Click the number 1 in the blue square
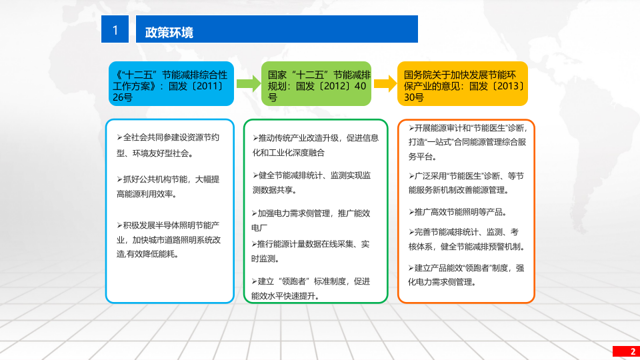click(x=115, y=30)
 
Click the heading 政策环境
click(x=169, y=33)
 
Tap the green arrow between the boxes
click(x=249, y=83)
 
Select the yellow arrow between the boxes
click(x=385, y=83)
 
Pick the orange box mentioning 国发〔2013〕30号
click(x=463, y=84)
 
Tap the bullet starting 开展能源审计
click(x=467, y=142)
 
